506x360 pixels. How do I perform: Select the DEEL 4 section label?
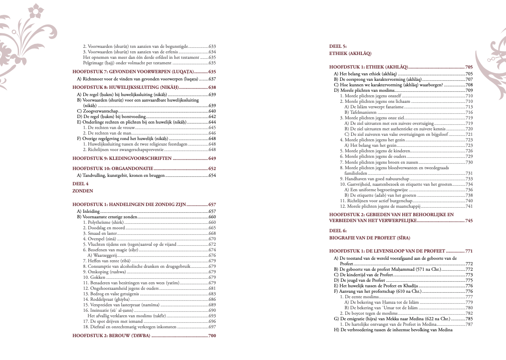point(81,184)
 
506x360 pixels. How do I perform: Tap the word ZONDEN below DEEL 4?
point(82,191)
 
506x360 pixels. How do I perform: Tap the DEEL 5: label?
point(338,46)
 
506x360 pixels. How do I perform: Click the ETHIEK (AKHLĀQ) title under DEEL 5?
point(350,54)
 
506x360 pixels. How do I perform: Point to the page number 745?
point(468,220)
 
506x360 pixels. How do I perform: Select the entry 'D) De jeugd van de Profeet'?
point(359,280)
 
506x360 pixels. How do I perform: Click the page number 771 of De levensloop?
point(468,251)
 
